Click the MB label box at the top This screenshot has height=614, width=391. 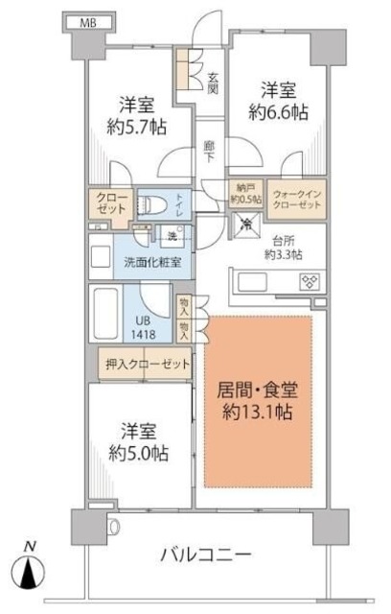click(86, 22)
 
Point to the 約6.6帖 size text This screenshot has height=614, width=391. click(280, 112)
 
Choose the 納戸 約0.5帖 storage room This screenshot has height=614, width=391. click(245, 194)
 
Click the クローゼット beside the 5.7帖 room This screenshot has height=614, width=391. click(110, 204)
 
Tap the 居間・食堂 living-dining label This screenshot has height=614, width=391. click(257, 392)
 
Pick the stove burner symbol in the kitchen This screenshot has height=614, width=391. click(310, 282)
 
